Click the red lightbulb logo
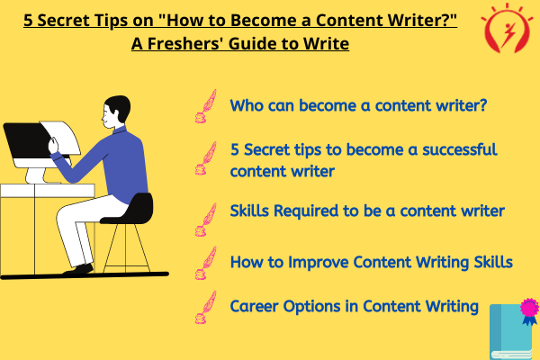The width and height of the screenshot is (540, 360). pyautogui.click(x=506, y=29)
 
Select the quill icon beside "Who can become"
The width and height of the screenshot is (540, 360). pyautogui.click(x=206, y=106)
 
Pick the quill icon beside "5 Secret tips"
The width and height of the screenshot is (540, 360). pyautogui.click(x=206, y=158)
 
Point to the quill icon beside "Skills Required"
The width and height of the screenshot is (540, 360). pyautogui.click(x=206, y=220)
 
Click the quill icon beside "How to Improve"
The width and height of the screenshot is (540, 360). pyautogui.click(x=206, y=263)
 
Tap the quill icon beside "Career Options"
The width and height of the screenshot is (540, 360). pyautogui.click(x=206, y=307)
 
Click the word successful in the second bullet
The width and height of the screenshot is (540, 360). pyautogui.click(x=460, y=149)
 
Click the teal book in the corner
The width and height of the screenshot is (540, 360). pyautogui.click(x=511, y=332)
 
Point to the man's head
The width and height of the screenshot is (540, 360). pyautogui.click(x=116, y=111)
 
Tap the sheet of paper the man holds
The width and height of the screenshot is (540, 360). pyautogui.click(x=62, y=137)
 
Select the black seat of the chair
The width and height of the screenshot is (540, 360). pyautogui.click(x=129, y=209)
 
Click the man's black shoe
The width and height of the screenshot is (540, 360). pyautogui.click(x=78, y=270)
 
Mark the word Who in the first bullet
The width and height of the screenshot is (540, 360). pyautogui.click(x=245, y=105)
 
